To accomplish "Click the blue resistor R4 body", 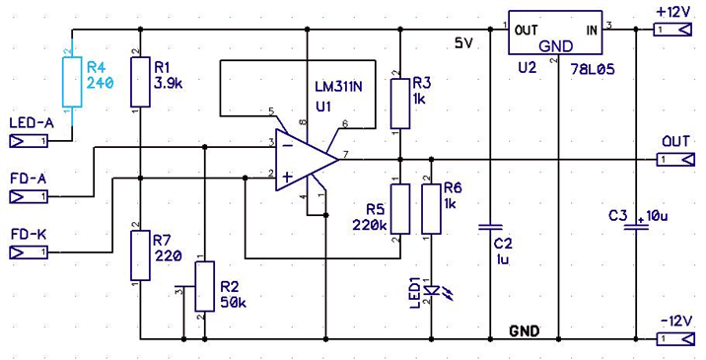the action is (72, 82).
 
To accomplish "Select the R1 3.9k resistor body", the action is (140, 82).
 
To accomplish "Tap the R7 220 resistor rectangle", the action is (140, 255).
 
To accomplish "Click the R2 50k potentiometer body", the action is (205, 286).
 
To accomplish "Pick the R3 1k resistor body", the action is (399, 104).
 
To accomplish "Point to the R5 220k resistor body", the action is (399, 209).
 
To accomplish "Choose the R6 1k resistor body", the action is (431, 209).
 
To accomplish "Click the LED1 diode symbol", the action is (431, 291).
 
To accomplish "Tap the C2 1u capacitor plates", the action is (490, 228).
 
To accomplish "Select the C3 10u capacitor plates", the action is (636, 228).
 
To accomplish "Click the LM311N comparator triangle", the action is (308, 160).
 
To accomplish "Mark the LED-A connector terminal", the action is (28, 141).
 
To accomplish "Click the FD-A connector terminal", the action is (28, 197).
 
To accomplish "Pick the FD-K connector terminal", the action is (28, 252).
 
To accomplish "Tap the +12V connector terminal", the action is (673, 31).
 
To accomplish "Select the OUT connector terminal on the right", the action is (674, 160).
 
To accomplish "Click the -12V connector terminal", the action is (674, 339).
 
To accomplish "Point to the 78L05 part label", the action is (592, 70).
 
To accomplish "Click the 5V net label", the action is (463, 43).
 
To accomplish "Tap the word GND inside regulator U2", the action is (556, 46).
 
